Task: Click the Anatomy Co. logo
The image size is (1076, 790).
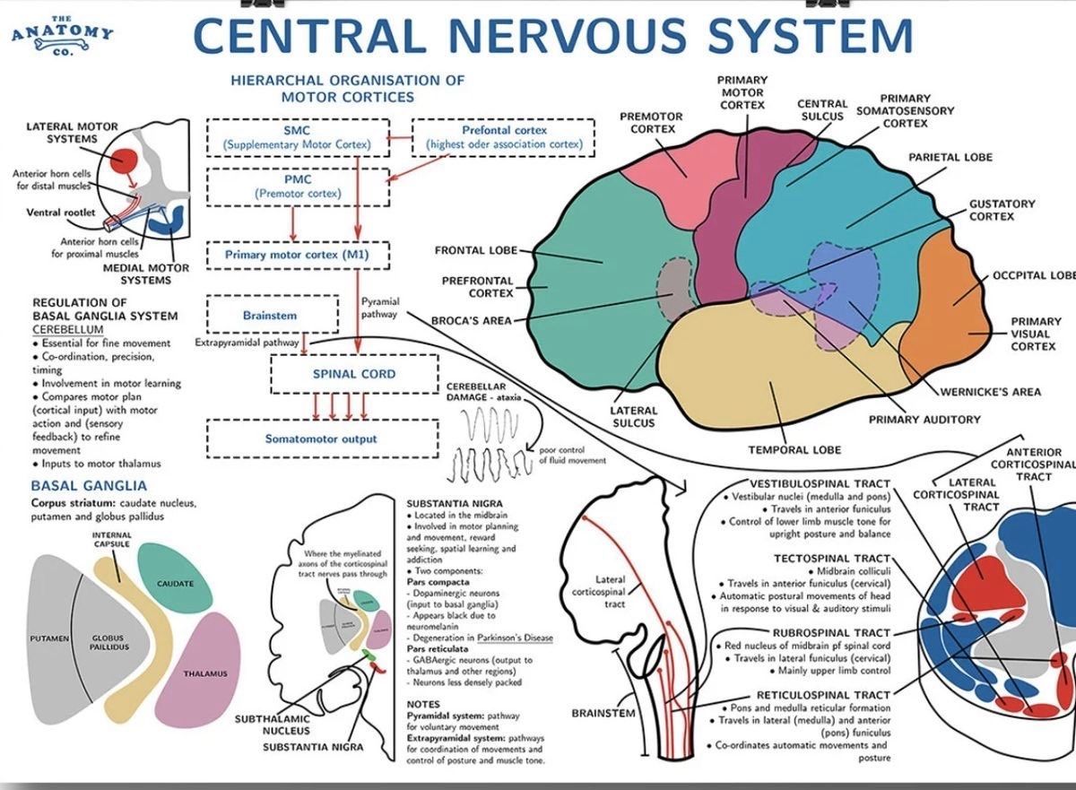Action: coord(62,33)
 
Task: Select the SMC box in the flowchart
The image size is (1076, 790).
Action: coord(296,136)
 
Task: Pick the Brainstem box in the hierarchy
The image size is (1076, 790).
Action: coord(270,316)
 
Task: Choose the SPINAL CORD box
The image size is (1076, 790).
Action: coord(353,374)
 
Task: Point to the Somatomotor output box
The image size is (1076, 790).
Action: coord(321,438)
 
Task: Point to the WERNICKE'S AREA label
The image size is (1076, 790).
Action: coord(990,391)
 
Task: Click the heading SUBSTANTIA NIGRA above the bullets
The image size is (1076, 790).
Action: coord(455,504)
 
